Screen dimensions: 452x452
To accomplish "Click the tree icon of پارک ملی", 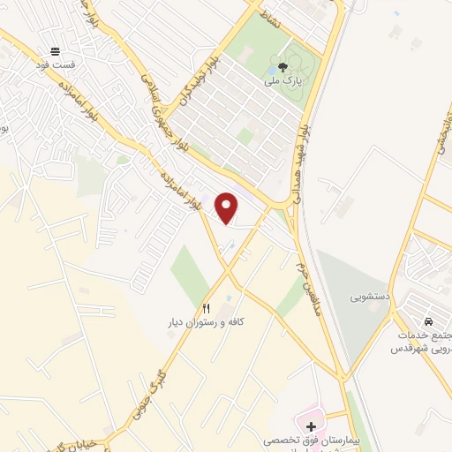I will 282,67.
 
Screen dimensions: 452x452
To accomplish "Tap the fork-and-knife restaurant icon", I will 207,309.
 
